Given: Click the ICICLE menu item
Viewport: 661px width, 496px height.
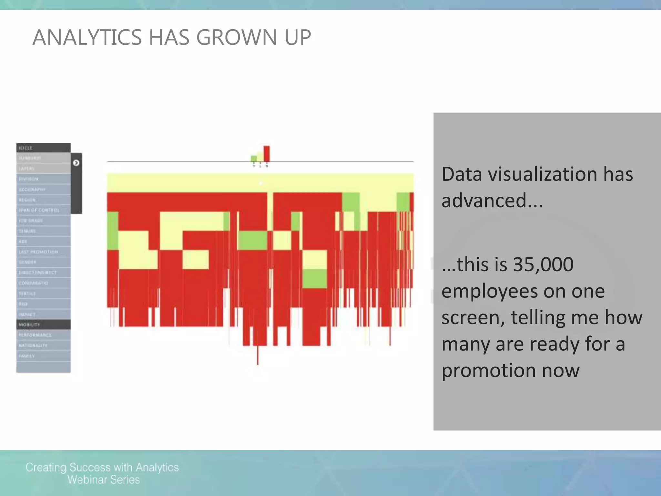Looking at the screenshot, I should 43,148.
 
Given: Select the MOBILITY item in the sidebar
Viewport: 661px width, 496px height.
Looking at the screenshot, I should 43,325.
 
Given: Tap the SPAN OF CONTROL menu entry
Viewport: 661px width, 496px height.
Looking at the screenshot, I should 43,210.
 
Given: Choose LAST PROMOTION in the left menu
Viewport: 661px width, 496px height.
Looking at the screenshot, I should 43,252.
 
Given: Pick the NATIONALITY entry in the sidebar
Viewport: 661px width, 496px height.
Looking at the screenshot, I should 43,346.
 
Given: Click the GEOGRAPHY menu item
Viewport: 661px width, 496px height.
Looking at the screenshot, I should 43,190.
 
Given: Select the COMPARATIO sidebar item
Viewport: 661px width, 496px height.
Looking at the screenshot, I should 43,283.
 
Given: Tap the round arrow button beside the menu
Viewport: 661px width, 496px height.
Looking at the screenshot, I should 76,163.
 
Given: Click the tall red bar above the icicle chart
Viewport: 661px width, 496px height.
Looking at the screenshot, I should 266,154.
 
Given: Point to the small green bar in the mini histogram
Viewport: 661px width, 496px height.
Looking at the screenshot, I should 254,158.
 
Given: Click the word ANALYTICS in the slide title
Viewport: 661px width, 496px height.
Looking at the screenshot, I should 87,37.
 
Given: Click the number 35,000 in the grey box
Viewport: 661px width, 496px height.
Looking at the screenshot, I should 543,264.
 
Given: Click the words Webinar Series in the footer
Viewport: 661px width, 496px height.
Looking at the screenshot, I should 104,480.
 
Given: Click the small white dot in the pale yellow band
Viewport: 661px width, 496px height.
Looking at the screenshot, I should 261,183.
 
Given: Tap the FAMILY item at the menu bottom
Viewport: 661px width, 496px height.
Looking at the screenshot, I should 43,356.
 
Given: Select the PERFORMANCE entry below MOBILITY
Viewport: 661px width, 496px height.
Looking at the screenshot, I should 43,335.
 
